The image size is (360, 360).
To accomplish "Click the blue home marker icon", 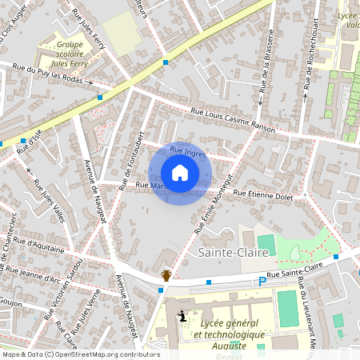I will tap(180, 173).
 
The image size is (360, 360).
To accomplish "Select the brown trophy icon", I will tap(166, 275).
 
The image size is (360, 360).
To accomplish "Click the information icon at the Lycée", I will tap(184, 316).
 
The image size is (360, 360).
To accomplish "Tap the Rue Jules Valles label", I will tap(49, 196).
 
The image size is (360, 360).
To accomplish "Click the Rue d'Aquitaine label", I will tap(38, 245).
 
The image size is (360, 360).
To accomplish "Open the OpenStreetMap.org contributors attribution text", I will tap(80, 354).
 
